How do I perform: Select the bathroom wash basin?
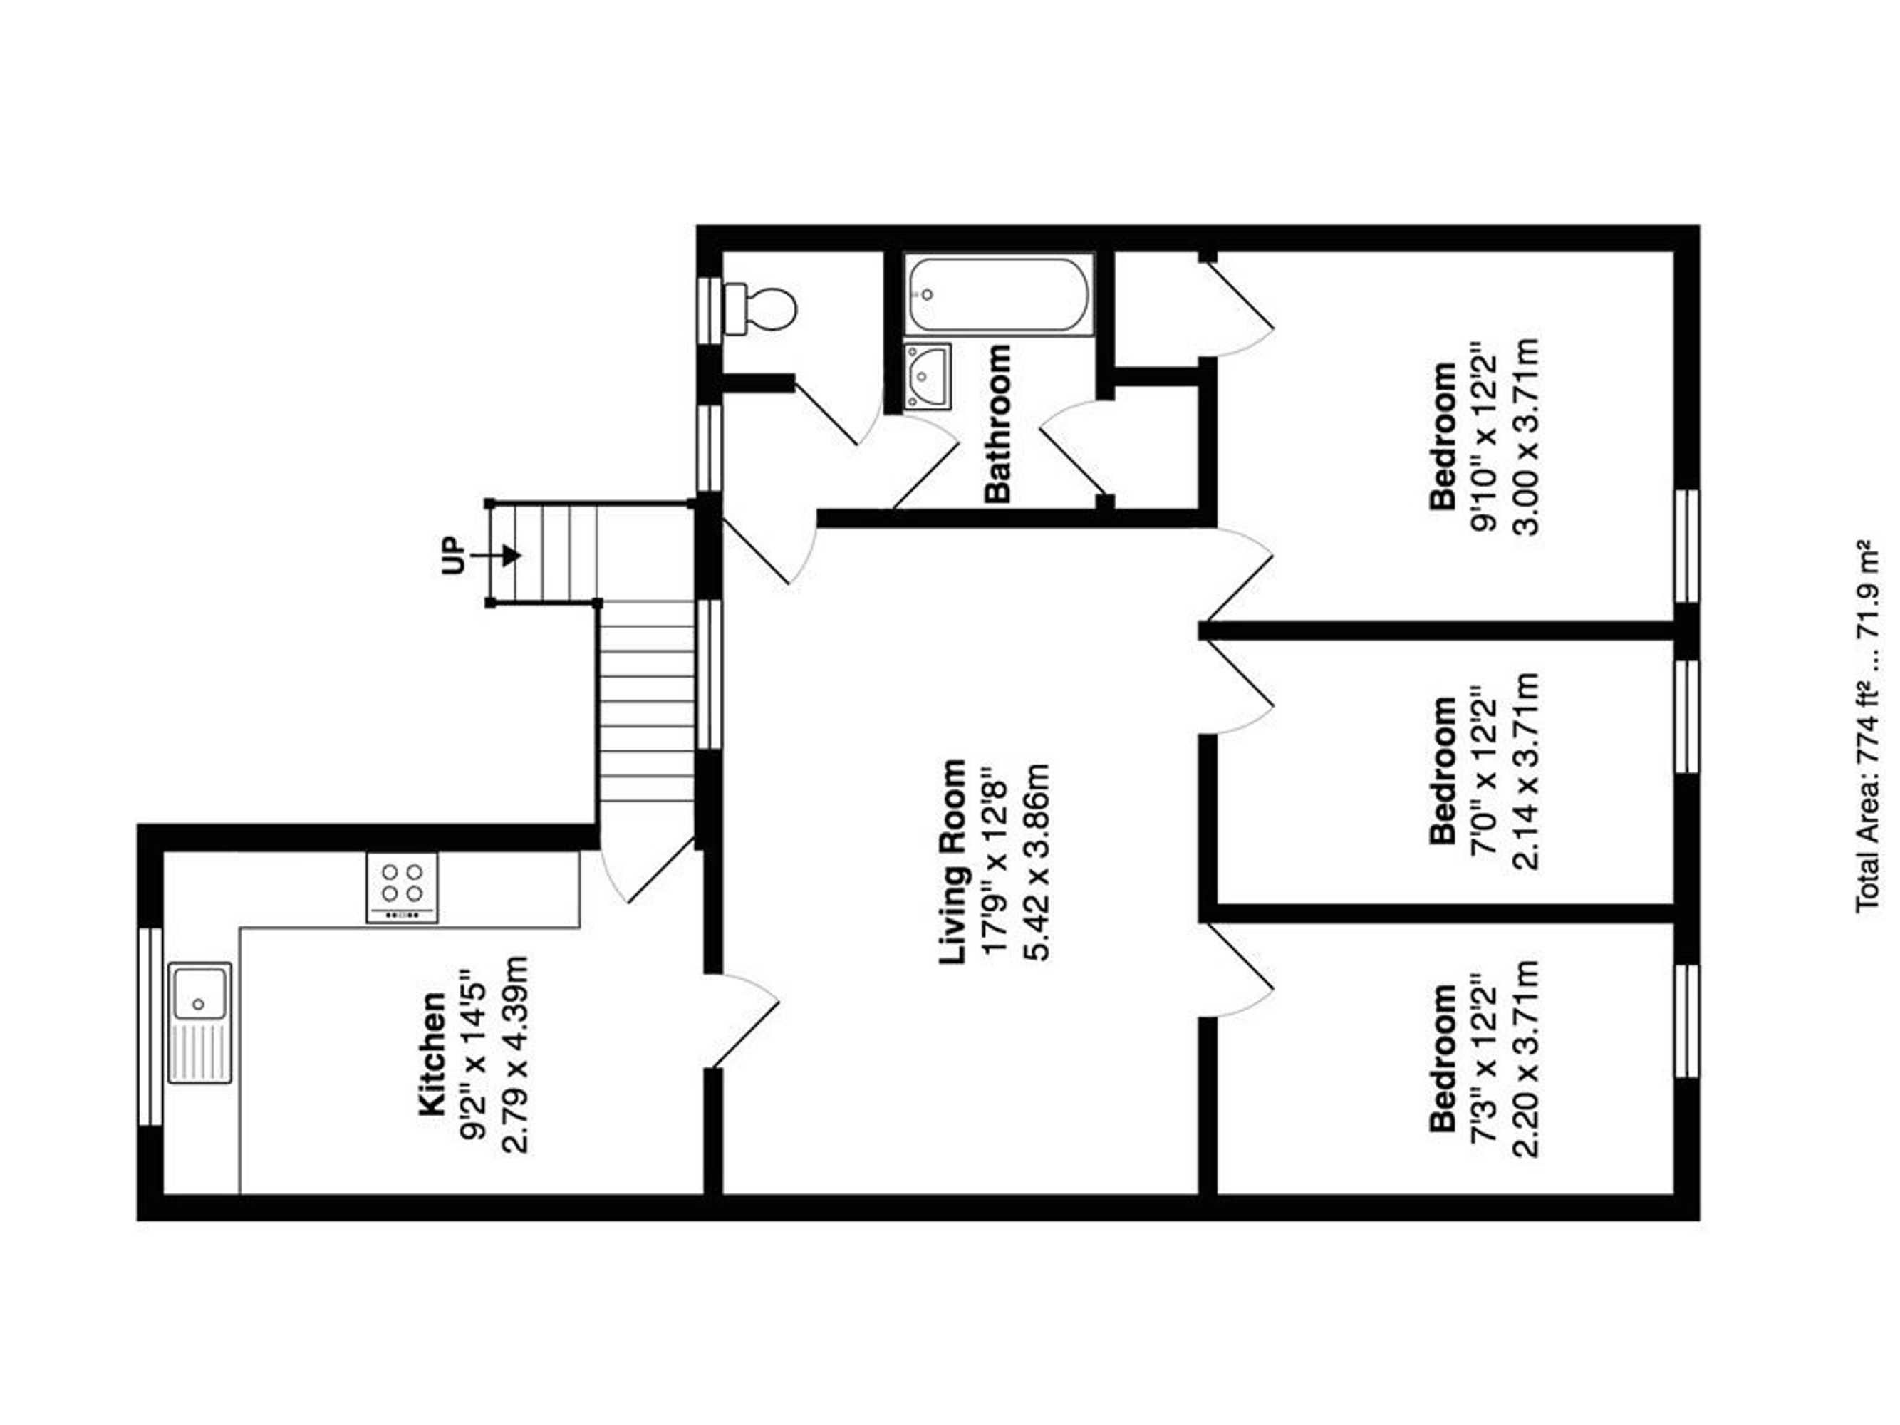(x=928, y=377)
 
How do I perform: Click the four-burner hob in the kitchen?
(x=402, y=887)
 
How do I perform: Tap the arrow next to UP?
(x=498, y=556)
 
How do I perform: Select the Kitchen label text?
(x=432, y=1054)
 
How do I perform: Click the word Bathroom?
(x=998, y=423)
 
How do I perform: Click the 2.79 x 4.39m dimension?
(x=515, y=1054)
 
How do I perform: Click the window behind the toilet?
(x=710, y=309)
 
